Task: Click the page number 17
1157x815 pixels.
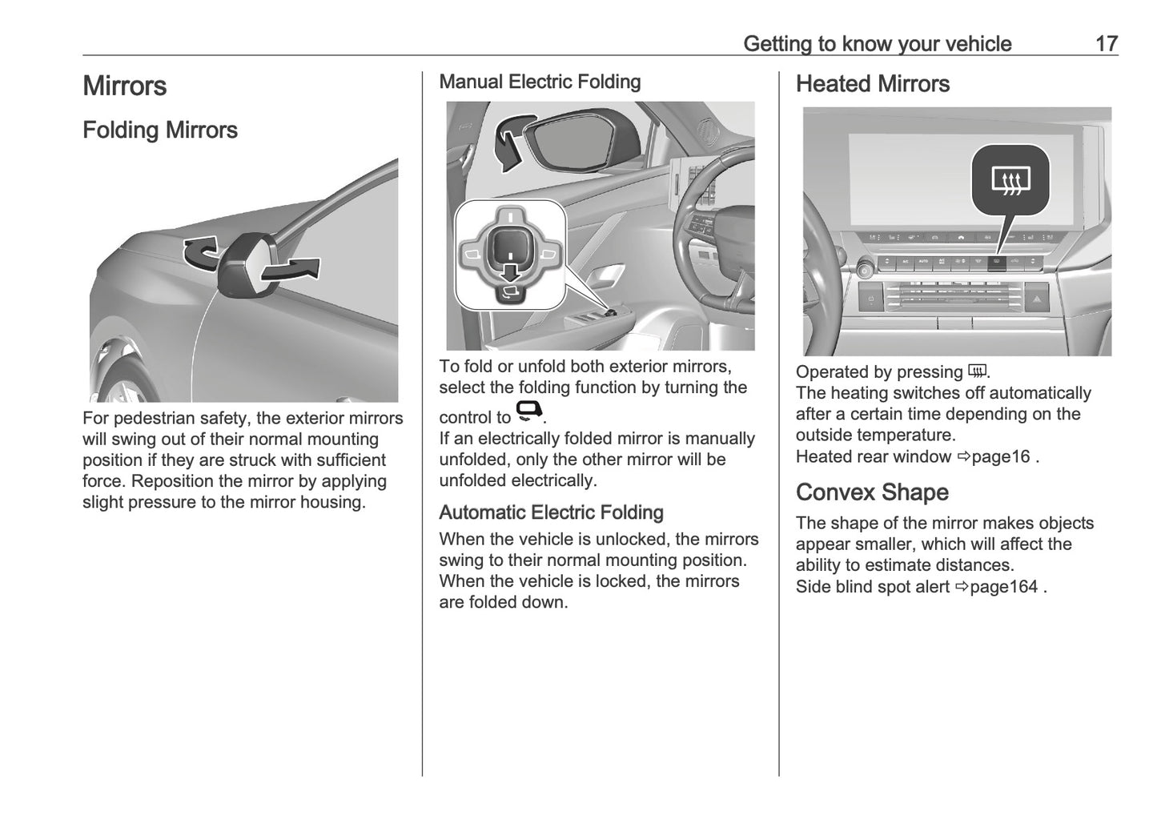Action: (x=1106, y=43)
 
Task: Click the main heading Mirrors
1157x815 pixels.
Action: (x=124, y=86)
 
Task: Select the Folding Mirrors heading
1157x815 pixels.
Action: (x=160, y=130)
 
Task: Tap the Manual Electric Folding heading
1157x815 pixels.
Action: (x=540, y=82)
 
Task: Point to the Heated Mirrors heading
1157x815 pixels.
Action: (x=872, y=84)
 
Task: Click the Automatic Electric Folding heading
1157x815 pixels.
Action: (x=551, y=512)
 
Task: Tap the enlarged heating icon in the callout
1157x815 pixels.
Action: (x=1010, y=181)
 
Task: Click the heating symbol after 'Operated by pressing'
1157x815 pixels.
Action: (x=977, y=371)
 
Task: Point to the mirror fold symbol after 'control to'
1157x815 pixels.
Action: (x=529, y=412)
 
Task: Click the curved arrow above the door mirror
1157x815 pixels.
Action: (x=511, y=140)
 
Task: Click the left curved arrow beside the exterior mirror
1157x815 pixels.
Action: (x=199, y=253)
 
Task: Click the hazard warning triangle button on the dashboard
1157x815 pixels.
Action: (x=1036, y=299)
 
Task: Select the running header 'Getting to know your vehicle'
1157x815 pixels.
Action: (x=877, y=43)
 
